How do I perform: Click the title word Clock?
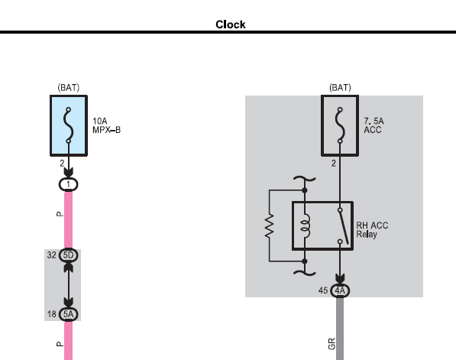coord(231,24)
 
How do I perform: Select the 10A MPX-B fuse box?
coord(69,125)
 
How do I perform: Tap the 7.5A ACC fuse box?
coord(340,125)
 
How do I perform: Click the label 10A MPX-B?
coord(106,125)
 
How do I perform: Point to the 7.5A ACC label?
coord(374,125)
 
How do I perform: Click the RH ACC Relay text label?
coord(372,230)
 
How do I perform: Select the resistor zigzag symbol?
coord(270,225)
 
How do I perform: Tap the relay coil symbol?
coord(306,226)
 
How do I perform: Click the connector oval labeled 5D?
coord(68,255)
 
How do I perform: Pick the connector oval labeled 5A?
coord(68,314)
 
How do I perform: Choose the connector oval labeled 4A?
coord(340,290)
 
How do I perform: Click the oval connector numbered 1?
coord(68,184)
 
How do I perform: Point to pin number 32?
coord(51,255)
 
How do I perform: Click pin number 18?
coord(52,314)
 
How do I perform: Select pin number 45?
coord(323,290)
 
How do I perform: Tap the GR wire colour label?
coord(331,344)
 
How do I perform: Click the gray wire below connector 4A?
coord(340,329)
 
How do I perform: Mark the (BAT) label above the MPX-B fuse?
coord(69,88)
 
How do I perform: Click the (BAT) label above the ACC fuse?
coord(340,88)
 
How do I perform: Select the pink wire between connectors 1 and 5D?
coord(68,220)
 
